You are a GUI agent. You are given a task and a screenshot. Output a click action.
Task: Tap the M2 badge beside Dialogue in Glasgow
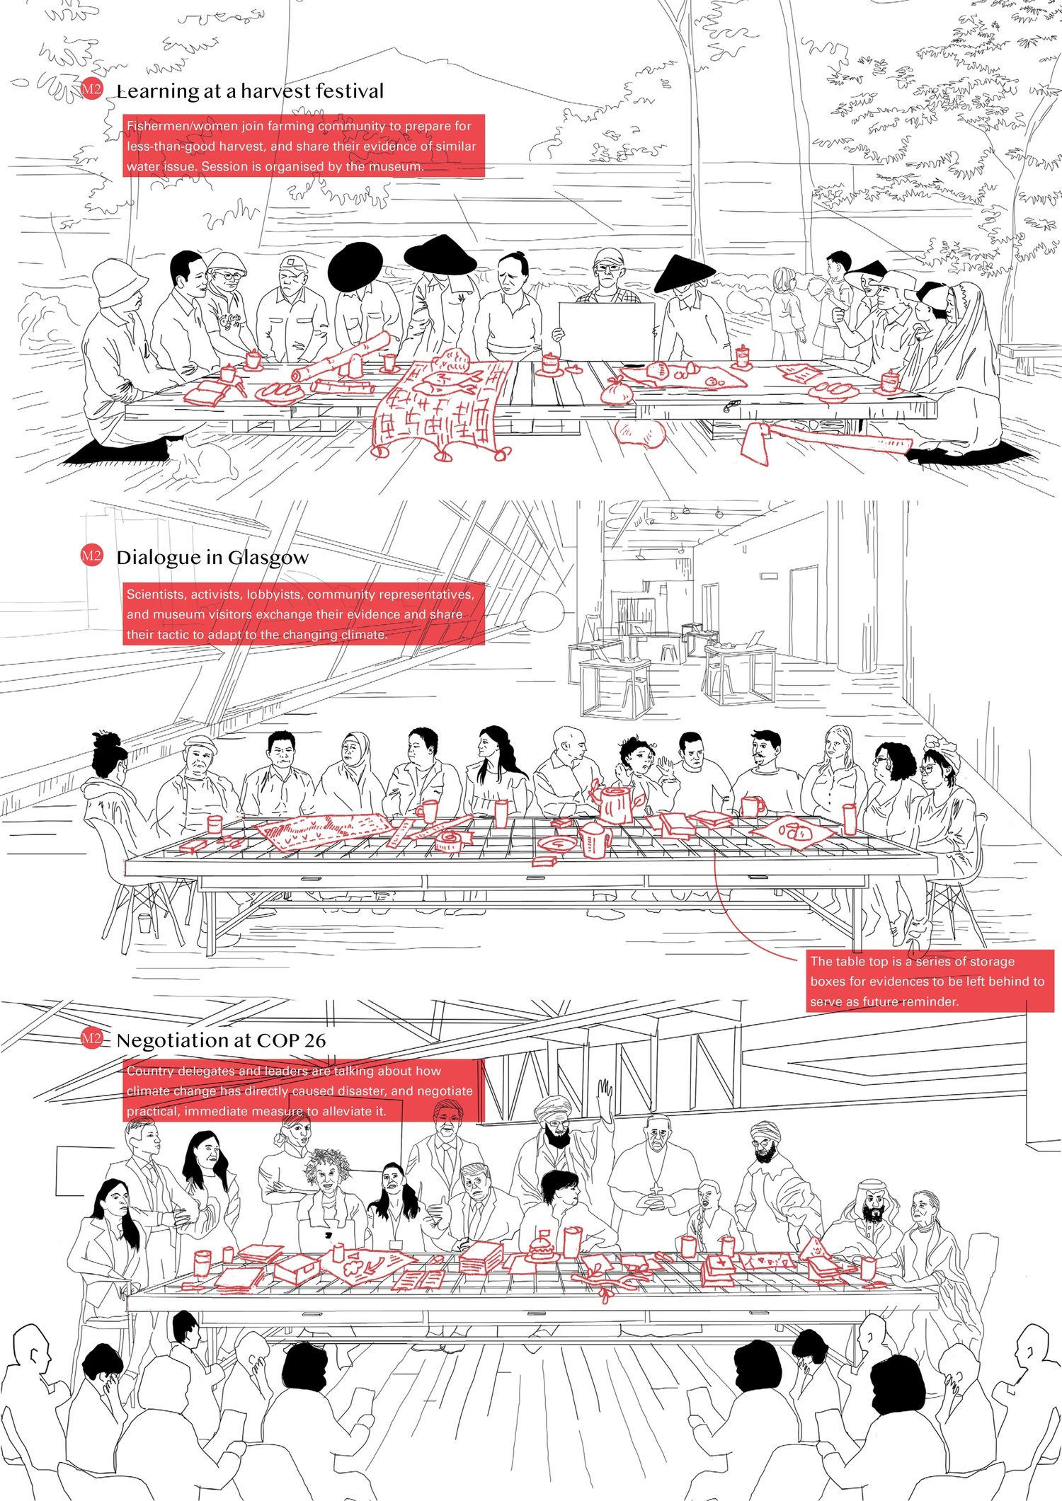point(92,556)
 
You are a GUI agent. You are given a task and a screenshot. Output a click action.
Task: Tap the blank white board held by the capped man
point(607,331)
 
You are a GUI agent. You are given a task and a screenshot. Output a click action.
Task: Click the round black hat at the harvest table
point(355,266)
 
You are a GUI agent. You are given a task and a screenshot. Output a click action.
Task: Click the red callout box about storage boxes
point(930,981)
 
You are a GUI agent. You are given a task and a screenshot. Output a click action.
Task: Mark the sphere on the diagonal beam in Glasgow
point(543,611)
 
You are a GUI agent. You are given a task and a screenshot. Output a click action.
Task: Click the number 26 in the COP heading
point(315,1041)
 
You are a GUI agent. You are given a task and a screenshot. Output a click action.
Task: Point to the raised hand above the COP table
point(605,1092)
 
